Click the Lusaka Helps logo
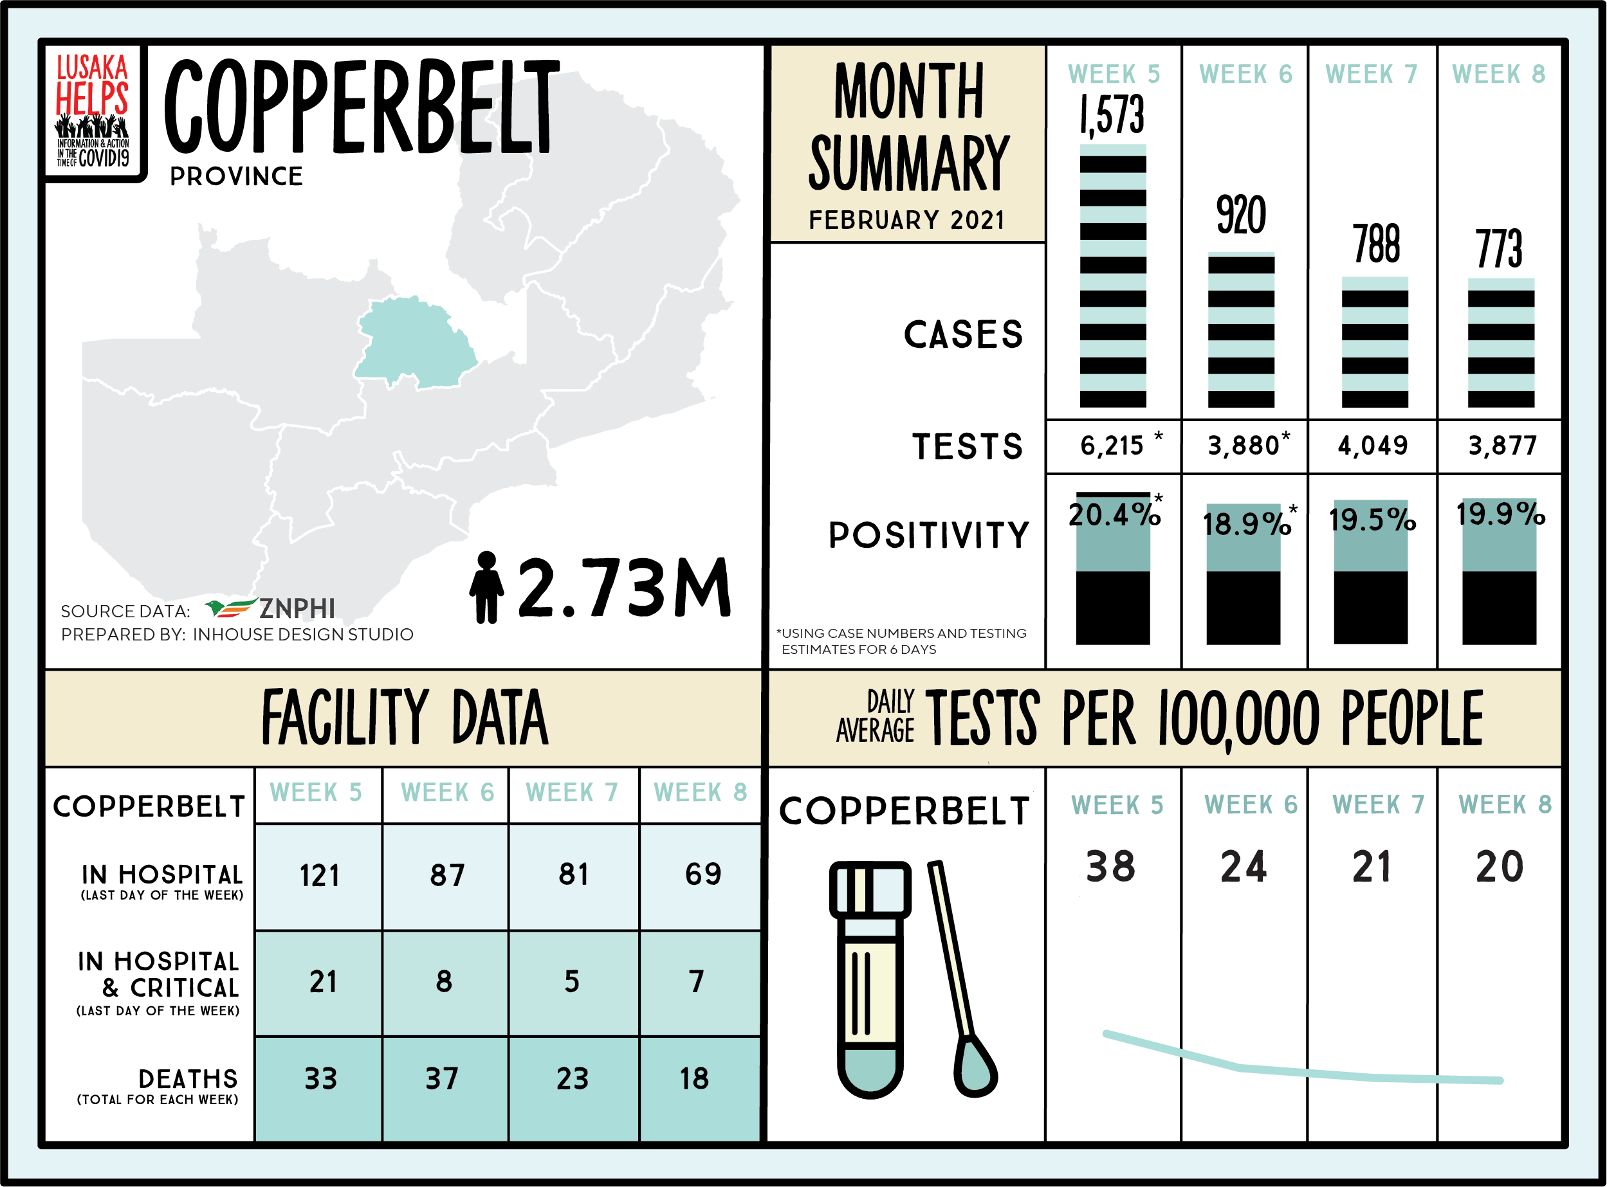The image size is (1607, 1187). pos(93,111)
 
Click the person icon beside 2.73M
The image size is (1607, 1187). pos(486,587)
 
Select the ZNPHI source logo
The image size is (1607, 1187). pos(270,608)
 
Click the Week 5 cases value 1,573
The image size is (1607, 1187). pos(1112,115)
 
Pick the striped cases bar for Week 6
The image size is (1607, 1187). pos(1241,331)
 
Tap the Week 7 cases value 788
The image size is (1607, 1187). pos(1375,244)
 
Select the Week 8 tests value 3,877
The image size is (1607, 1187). pos(1501,446)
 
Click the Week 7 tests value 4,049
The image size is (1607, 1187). pos(1373,446)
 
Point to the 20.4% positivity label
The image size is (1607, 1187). pos(1114,514)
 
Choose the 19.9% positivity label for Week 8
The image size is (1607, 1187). pos(1501,514)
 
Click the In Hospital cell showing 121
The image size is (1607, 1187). pos(319,876)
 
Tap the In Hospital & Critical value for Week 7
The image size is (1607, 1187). pos(572,981)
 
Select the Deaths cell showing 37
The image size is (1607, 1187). pos(442,1078)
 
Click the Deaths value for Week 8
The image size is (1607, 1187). pos(694,1078)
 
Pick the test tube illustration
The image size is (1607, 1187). pos(870,977)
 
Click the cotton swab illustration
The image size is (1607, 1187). pos(963,984)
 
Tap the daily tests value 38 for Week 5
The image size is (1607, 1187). pos(1111,867)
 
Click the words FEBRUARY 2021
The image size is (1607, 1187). pos(907,220)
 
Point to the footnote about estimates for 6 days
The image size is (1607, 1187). pos(901,641)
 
